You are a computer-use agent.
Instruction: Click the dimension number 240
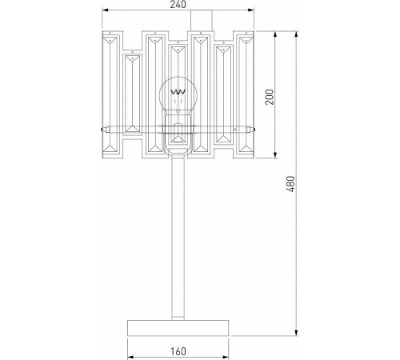tap(179, 6)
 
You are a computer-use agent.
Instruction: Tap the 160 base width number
tap(178, 350)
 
